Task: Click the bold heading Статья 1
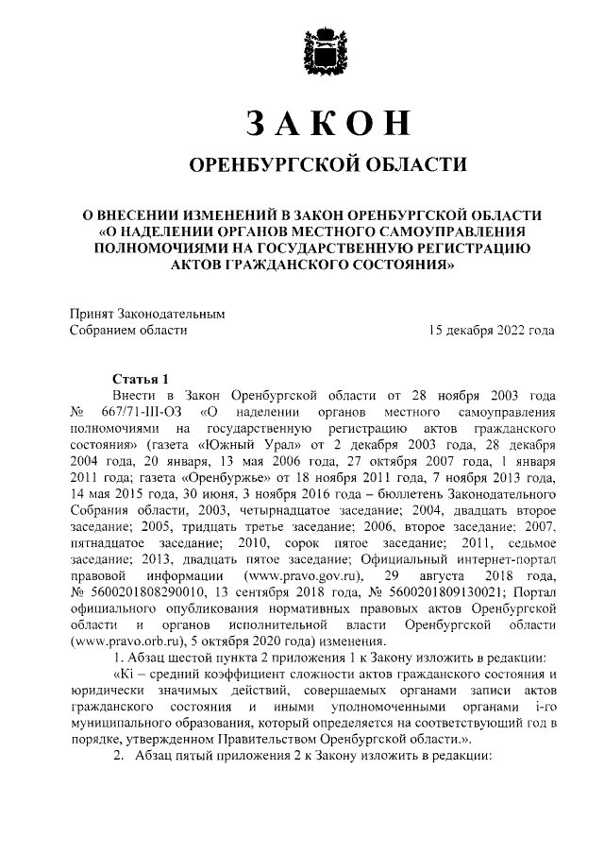pos(140,377)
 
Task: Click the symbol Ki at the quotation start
pos(127,675)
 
